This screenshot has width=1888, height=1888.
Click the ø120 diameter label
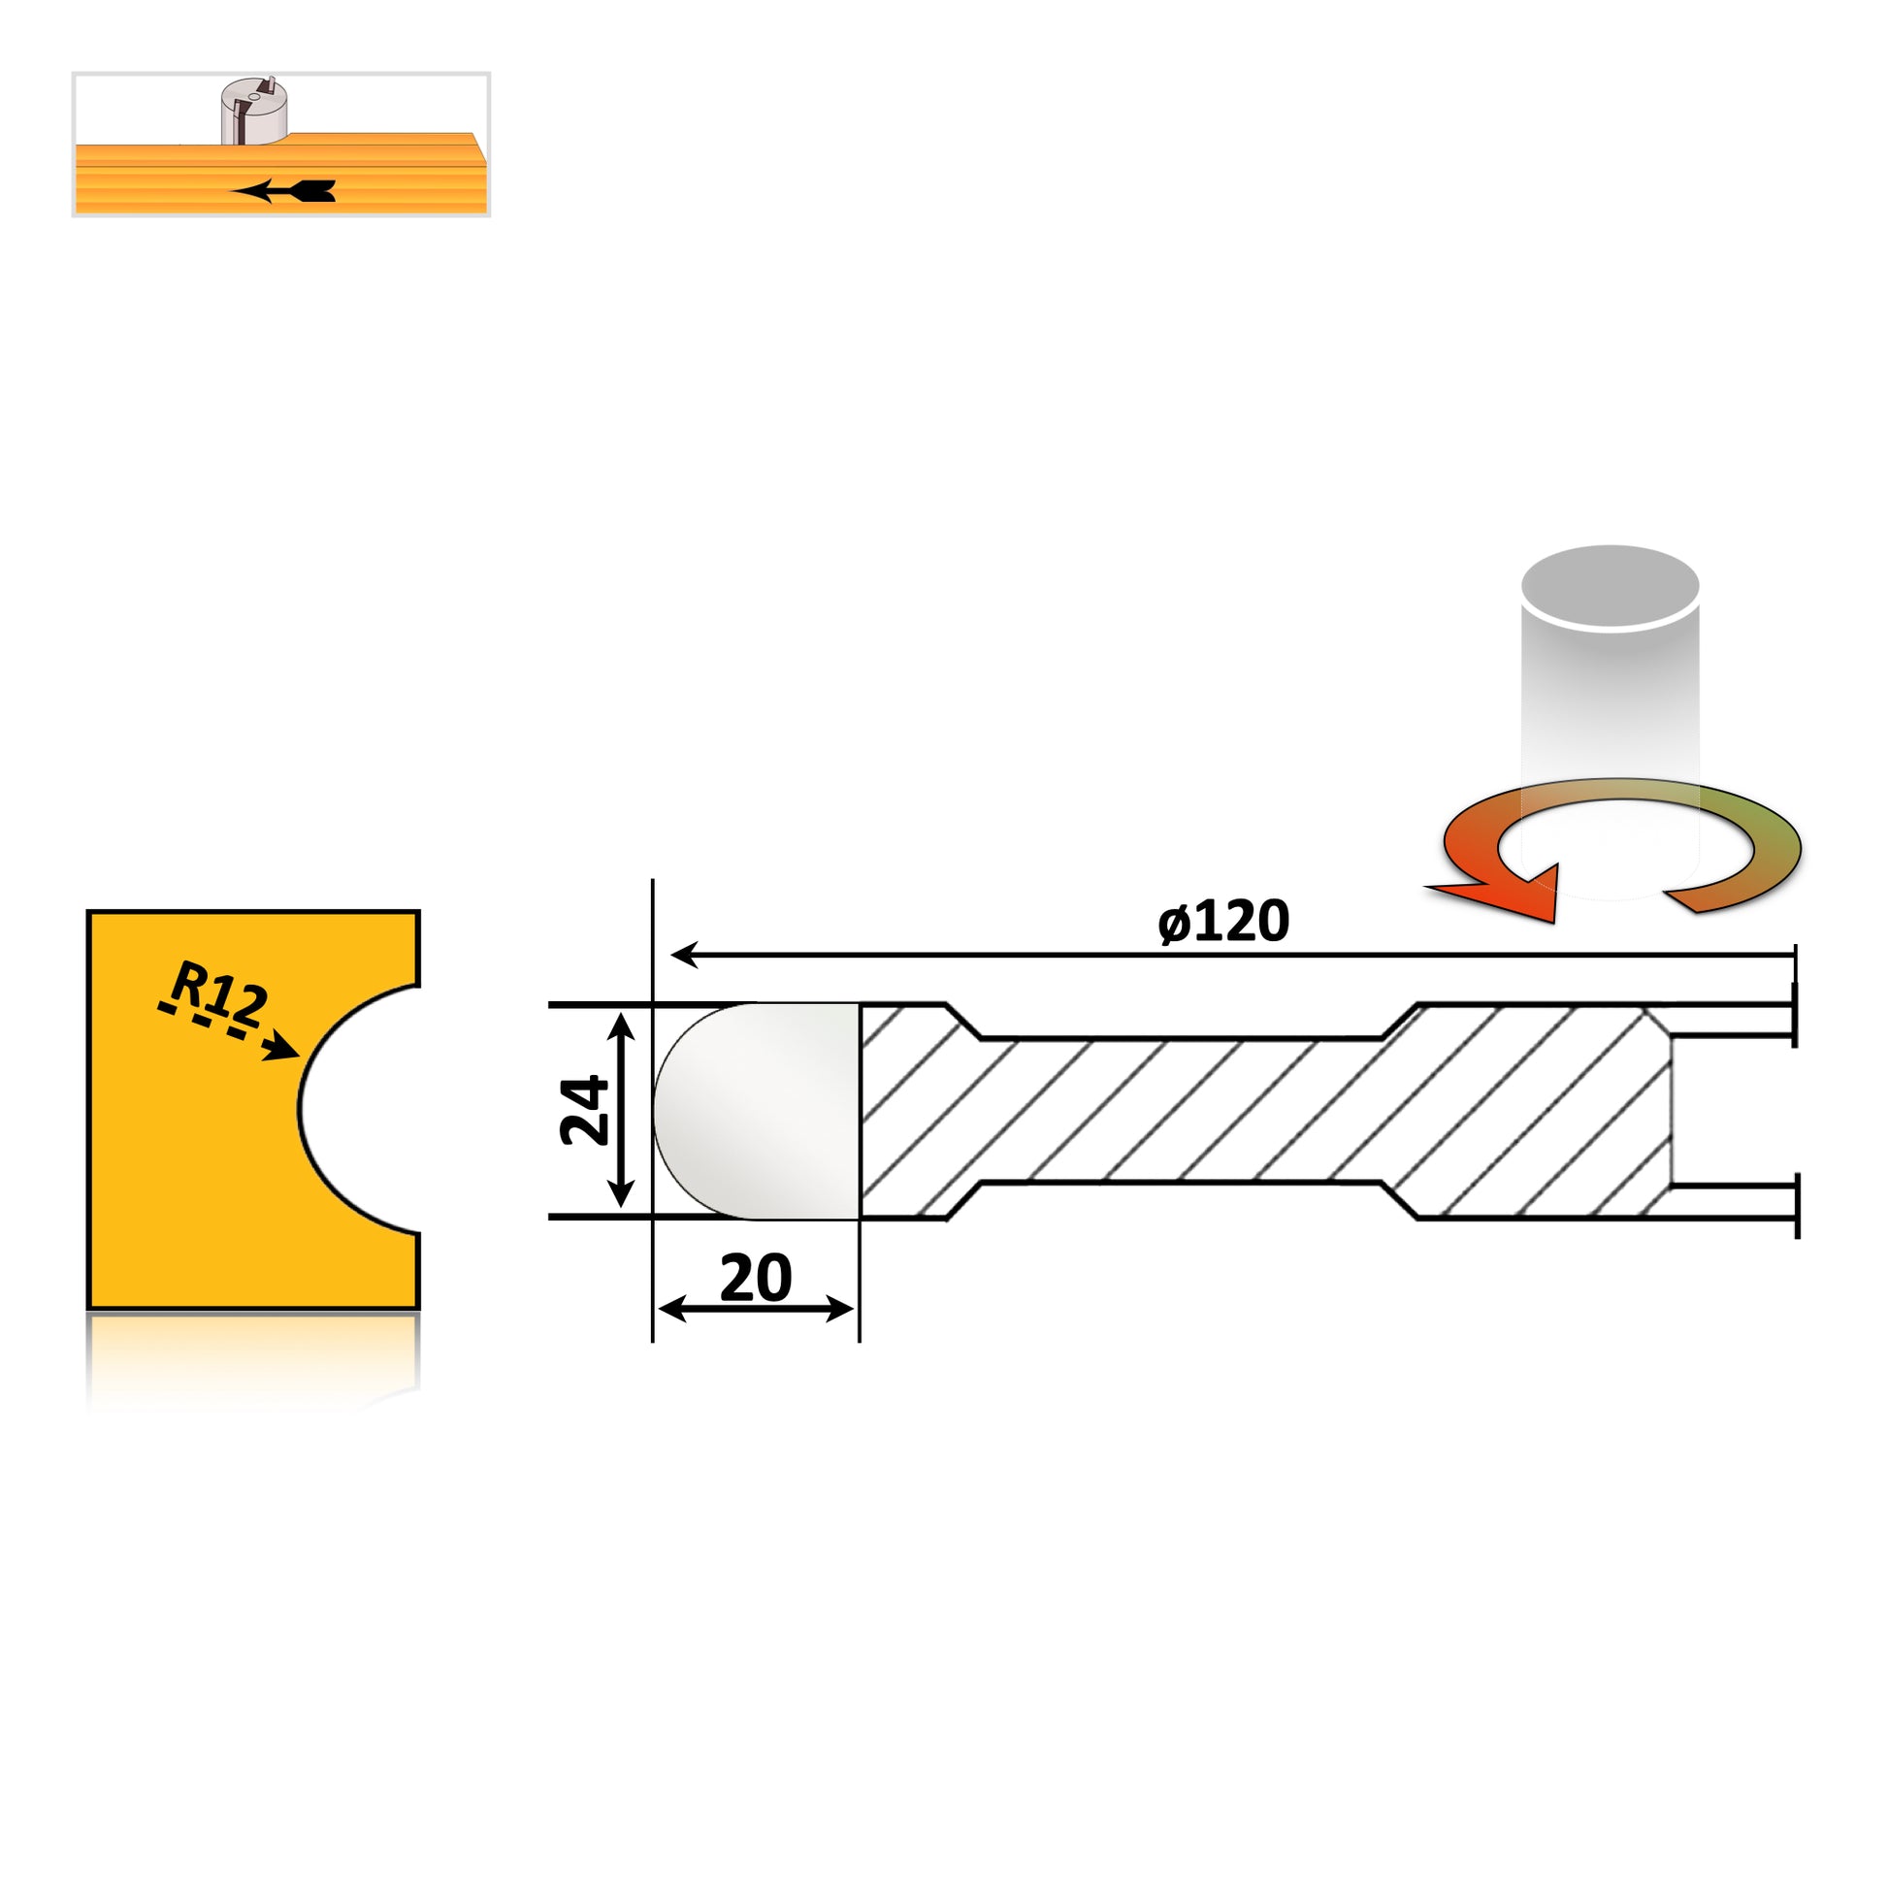pyautogui.click(x=1222, y=922)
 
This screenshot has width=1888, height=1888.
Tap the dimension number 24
pyautogui.click(x=584, y=1110)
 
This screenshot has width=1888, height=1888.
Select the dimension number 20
pyautogui.click(x=756, y=1277)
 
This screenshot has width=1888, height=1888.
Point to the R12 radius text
pyautogui.click(x=219, y=993)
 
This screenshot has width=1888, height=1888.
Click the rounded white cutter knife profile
pyautogui.click(x=757, y=1111)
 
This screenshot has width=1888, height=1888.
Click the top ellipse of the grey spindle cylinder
pyautogui.click(x=1611, y=587)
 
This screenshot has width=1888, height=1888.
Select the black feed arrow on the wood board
pyautogui.click(x=283, y=191)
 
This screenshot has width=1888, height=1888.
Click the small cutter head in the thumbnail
pyautogui.click(x=253, y=112)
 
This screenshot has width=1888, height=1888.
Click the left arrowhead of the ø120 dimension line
pyautogui.click(x=684, y=955)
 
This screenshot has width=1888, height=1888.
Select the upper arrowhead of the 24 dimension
pyautogui.click(x=622, y=1025)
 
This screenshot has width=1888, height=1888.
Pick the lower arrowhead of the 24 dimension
pyautogui.click(x=622, y=1195)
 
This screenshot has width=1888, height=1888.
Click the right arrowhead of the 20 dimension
pyautogui.click(x=839, y=1309)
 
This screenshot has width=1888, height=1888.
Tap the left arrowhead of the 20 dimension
pyautogui.click(x=672, y=1309)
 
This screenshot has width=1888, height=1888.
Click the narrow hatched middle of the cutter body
pyautogui.click(x=1181, y=1110)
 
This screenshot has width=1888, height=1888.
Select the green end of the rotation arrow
pyautogui.click(x=1749, y=860)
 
